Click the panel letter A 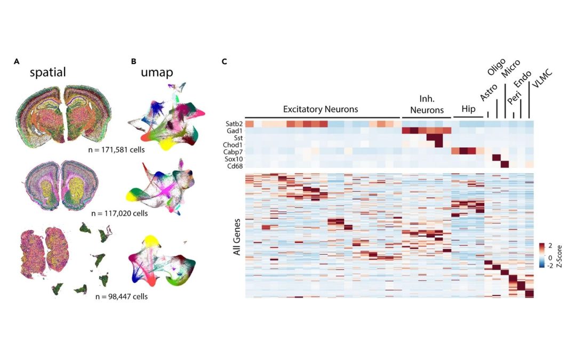[17, 61]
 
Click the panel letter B [133, 61]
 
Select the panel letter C [224, 61]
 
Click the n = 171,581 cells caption [116, 149]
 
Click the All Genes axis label [237, 236]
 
